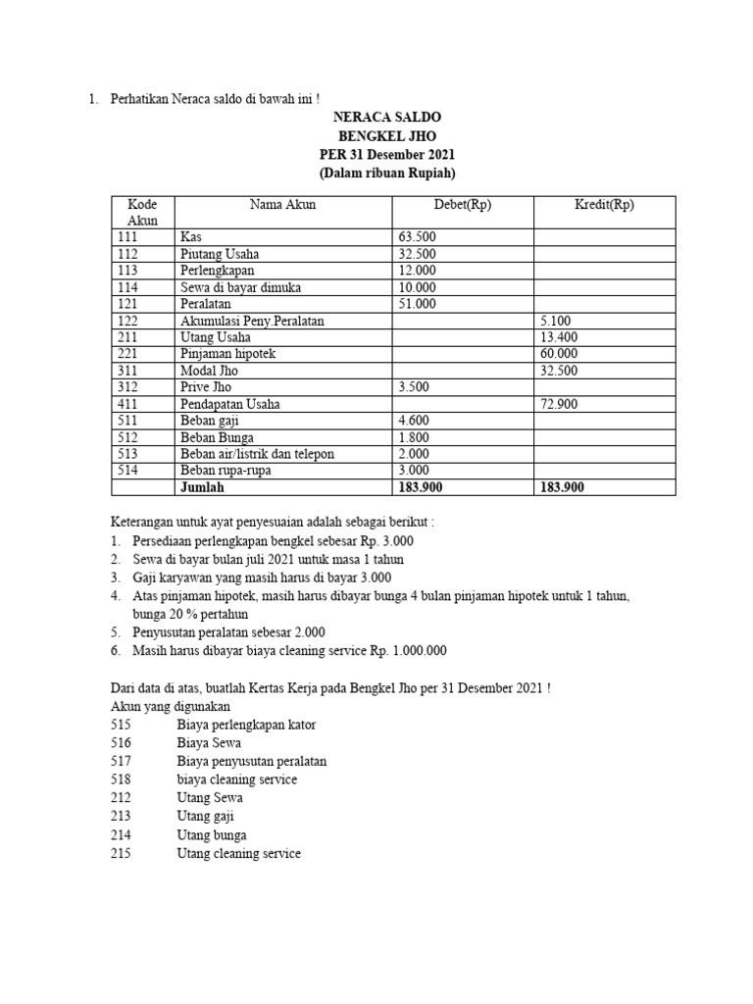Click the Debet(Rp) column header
point(463,205)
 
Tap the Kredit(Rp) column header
point(604,205)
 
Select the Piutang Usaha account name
point(220,254)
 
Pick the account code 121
point(127,304)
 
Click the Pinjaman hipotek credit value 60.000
point(559,354)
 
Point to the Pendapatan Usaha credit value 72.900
point(559,404)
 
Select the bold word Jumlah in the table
point(202,487)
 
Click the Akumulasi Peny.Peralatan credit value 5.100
point(555,321)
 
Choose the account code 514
point(127,471)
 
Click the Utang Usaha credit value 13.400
point(559,337)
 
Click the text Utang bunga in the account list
point(212,835)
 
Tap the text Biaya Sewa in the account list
point(209,742)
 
